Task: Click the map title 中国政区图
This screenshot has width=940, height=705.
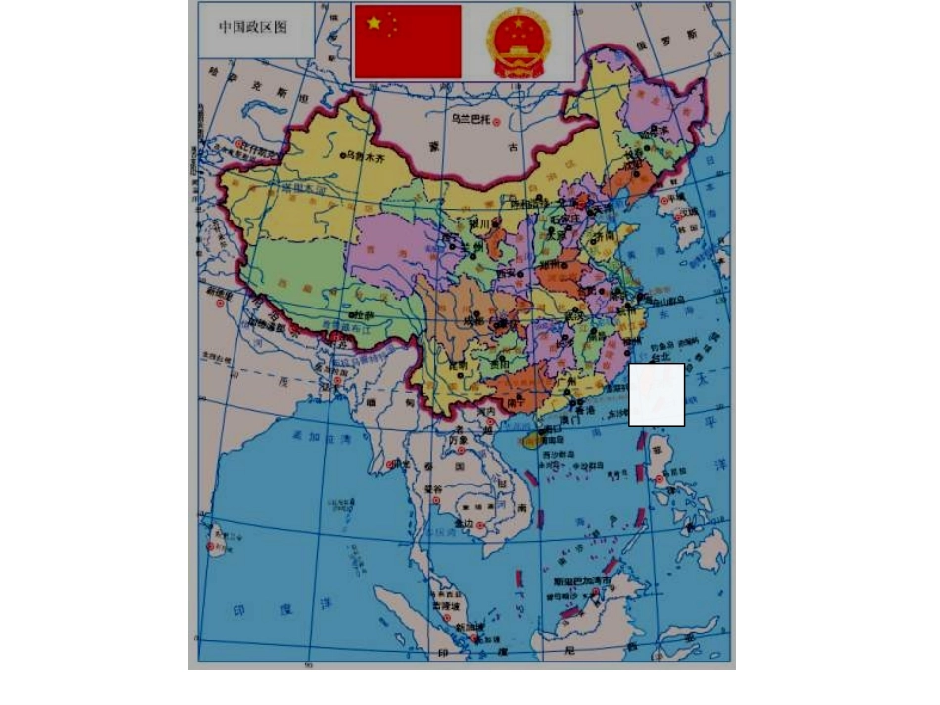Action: [252, 27]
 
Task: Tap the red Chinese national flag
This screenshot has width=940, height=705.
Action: [408, 41]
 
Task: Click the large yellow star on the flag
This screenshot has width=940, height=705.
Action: [373, 22]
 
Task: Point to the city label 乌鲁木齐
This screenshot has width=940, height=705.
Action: [364, 155]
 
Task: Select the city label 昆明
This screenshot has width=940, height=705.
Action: [458, 365]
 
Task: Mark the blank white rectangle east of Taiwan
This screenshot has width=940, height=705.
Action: [657, 395]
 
